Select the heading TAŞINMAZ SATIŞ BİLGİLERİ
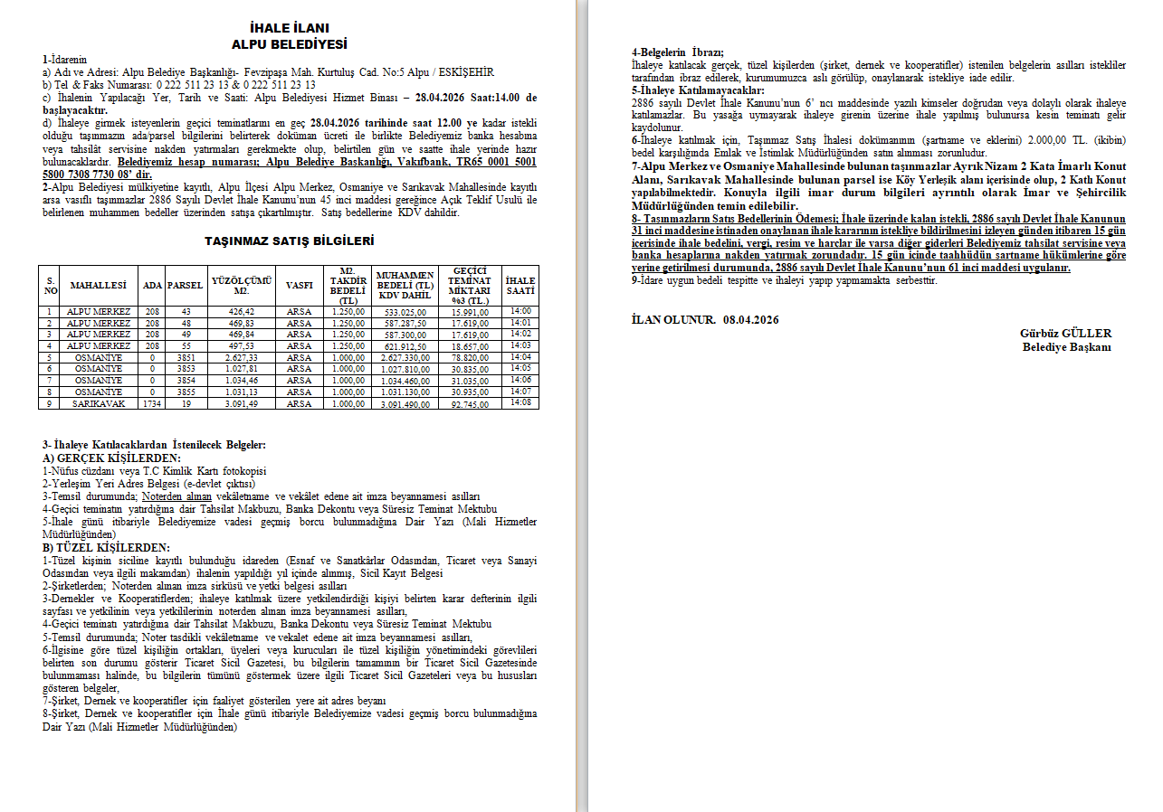tap(289, 241)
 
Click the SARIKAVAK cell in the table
tap(100, 403)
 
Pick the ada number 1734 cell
tap(151, 403)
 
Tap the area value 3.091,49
tap(241, 403)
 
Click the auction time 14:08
tap(520, 402)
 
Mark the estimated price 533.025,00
tap(404, 312)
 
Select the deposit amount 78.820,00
tap(470, 357)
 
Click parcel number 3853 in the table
tap(185, 369)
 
